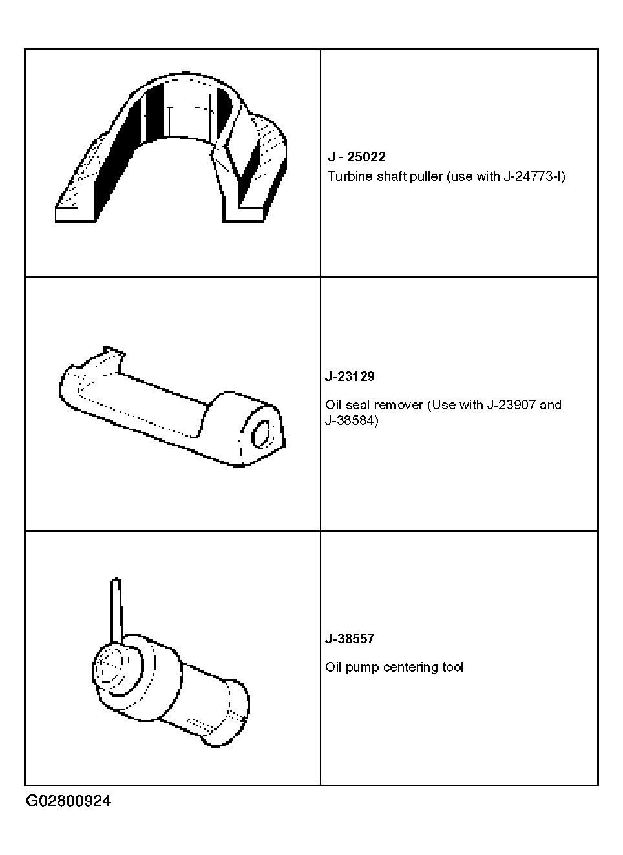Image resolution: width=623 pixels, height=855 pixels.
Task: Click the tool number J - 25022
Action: (x=357, y=157)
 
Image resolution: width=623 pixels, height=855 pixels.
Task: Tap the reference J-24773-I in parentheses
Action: (x=533, y=176)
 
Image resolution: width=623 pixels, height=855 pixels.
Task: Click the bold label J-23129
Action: (x=350, y=376)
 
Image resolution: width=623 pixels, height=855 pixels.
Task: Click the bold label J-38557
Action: (x=350, y=638)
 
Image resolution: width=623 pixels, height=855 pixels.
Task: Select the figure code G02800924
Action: (x=69, y=800)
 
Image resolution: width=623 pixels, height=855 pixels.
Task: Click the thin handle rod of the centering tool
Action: (x=116, y=612)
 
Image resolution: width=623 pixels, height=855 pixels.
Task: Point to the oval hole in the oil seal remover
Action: (x=261, y=435)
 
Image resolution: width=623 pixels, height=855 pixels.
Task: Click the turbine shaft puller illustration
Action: (x=171, y=147)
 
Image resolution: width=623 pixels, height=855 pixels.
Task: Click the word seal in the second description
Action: (x=359, y=405)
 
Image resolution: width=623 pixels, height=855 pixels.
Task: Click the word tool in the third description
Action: (x=452, y=667)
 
